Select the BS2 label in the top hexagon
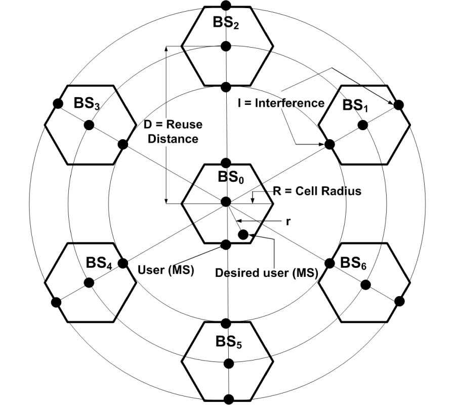226,23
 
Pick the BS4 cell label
99,263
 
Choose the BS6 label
353,263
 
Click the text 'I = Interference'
281,103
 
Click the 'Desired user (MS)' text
266,273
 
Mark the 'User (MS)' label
167,270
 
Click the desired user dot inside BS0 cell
243,234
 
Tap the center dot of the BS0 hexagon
226,202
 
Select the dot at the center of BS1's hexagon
362,125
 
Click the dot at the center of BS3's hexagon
90,125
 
